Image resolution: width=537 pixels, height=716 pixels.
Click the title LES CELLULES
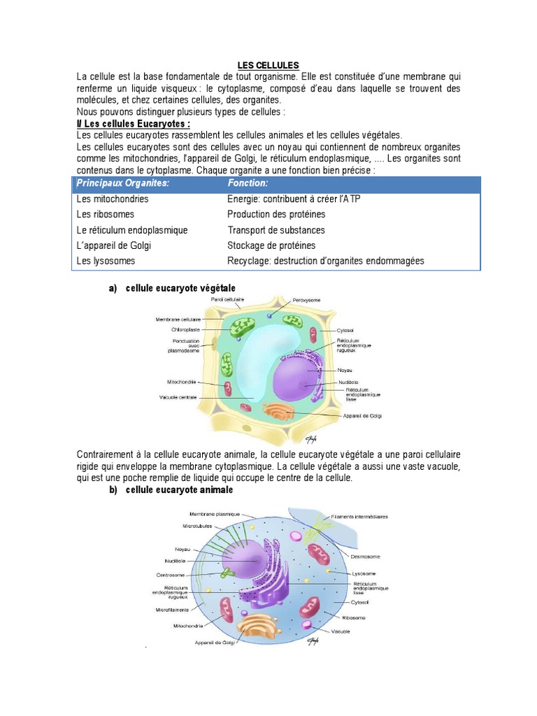click(268, 65)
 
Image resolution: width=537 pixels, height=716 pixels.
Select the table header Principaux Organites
click(123, 183)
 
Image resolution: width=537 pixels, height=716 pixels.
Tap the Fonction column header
click(248, 183)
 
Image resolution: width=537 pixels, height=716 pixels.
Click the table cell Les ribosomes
click(105, 215)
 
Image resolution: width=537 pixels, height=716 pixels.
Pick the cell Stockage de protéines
click(271, 245)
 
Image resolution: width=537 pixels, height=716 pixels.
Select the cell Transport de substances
click(276, 230)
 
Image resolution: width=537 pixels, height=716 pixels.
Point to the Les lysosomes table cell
click(106, 261)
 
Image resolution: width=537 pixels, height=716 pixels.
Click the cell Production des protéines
click(276, 215)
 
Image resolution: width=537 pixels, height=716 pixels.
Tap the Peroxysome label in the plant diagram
click(306, 300)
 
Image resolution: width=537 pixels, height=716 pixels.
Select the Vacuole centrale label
click(178, 397)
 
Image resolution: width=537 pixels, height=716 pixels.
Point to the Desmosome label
click(365, 557)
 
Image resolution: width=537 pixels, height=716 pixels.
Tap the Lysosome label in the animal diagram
click(364, 573)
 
